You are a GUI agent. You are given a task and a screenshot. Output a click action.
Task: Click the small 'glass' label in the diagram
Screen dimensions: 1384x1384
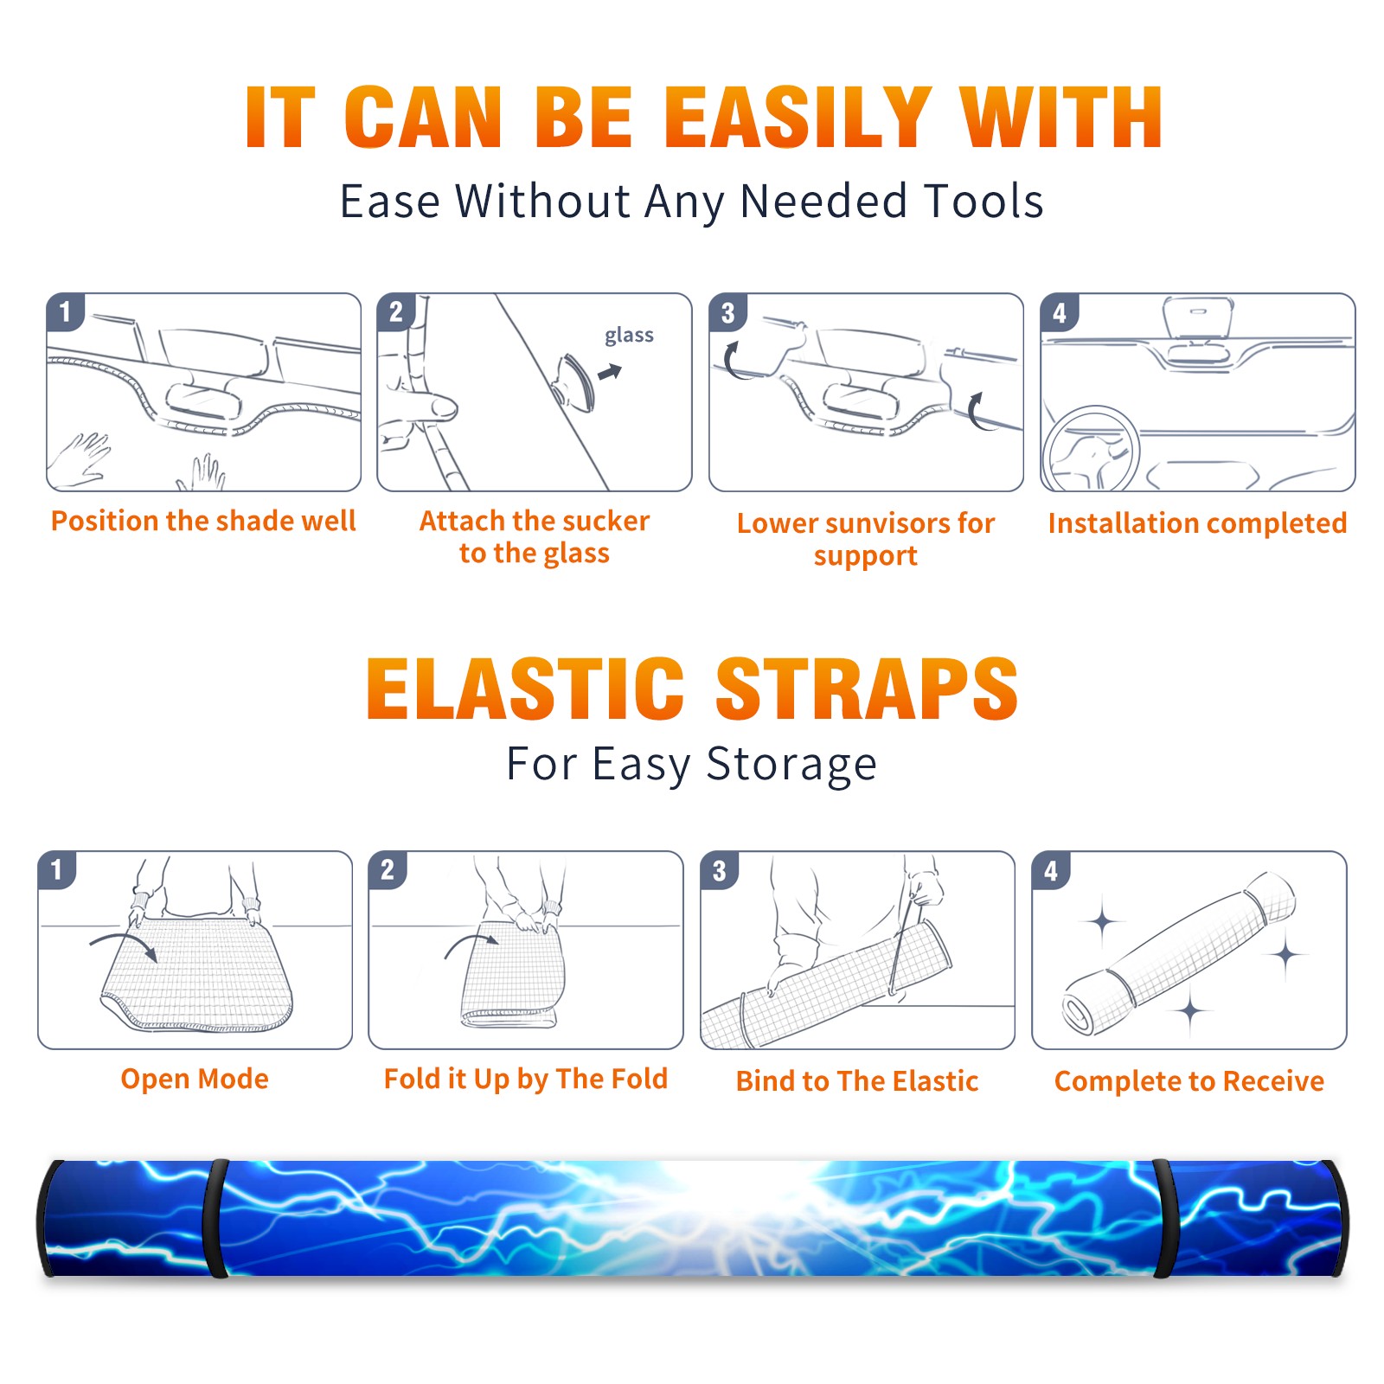[x=629, y=336]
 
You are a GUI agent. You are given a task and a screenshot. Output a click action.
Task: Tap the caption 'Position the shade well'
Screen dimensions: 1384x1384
[x=203, y=521]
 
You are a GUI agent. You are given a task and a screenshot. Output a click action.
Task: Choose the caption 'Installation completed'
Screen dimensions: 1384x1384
[x=1197, y=523]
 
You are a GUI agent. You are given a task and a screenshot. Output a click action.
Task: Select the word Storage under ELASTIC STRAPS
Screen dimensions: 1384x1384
[x=791, y=765]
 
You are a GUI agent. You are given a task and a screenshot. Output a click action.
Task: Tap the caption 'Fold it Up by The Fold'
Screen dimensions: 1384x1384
[x=526, y=1079]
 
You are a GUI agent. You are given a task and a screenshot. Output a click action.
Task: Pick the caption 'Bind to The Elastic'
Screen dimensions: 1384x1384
[x=857, y=1081]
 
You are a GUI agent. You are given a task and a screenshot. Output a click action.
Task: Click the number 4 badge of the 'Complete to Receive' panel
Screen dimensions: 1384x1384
[x=1051, y=870]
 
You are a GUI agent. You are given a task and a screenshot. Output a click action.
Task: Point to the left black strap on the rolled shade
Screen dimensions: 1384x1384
[x=215, y=1218]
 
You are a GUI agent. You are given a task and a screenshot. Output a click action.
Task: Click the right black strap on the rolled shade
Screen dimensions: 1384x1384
[x=1165, y=1218]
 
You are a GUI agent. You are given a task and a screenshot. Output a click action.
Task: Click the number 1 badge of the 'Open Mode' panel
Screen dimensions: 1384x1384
[x=57, y=870]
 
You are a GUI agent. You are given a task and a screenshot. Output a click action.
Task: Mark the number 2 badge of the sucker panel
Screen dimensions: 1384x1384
[x=396, y=312]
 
